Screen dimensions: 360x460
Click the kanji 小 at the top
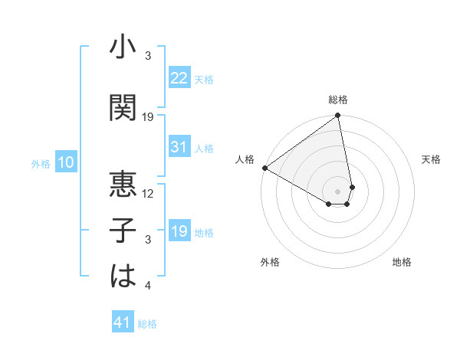click(123, 48)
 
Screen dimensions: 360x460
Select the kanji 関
click(123, 106)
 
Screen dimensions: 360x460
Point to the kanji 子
click(123, 231)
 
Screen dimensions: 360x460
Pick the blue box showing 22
click(179, 78)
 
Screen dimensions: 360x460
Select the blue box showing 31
click(179, 147)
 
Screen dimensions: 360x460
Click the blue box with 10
click(66, 162)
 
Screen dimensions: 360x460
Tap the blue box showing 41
click(123, 322)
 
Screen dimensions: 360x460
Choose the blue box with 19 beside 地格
click(179, 231)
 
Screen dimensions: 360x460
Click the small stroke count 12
click(149, 194)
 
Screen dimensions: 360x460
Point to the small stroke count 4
click(149, 286)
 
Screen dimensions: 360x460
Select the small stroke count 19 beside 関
click(149, 116)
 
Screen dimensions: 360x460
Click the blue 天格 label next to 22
click(204, 80)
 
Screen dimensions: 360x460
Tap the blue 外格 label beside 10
click(41, 163)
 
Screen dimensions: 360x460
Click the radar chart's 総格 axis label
click(338, 100)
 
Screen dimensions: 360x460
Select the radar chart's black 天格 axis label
click(431, 159)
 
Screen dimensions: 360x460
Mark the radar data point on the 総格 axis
click(338, 116)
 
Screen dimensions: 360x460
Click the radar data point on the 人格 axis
click(264, 167)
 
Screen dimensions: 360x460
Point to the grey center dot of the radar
click(338, 191)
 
